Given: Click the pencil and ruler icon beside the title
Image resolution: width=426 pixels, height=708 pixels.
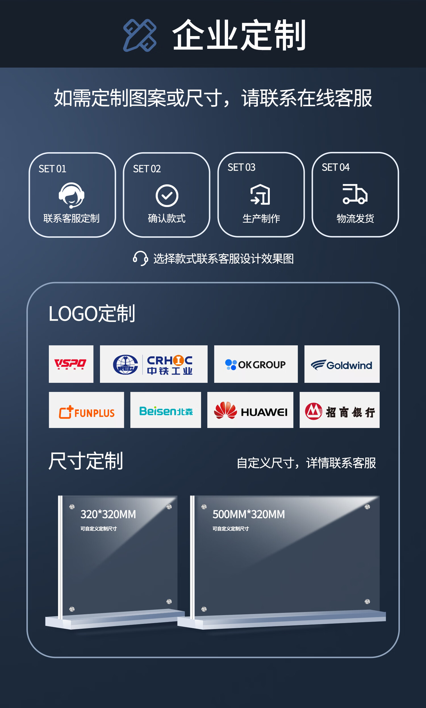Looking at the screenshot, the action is pos(140,35).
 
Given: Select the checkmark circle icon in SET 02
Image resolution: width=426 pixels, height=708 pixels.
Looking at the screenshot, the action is pos(167,196).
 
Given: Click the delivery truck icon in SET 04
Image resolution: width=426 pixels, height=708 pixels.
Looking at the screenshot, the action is pos(355,194).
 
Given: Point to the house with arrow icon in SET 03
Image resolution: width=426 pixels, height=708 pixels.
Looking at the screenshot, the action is pos(260,195).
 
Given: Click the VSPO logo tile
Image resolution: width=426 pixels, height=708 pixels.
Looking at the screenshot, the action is pos(71,364).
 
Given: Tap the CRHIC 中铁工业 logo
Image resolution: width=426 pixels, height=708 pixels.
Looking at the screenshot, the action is pos(154,364).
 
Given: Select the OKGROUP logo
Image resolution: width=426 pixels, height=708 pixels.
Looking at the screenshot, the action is pos(256,364).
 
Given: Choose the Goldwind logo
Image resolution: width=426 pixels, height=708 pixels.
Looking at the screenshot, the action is pos(342,364).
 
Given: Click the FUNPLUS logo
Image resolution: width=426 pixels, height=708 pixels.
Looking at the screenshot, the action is pos(86,410).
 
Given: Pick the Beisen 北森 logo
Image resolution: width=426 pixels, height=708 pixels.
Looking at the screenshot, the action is pos(166,410).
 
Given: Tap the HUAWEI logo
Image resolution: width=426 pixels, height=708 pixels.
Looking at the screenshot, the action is pos(250,410).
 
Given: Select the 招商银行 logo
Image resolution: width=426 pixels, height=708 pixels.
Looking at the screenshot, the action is pos(339,410).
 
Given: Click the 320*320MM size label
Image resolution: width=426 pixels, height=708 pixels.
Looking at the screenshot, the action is pos(108,514).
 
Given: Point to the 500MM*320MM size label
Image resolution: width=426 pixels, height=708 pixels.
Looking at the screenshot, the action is pos(248,514).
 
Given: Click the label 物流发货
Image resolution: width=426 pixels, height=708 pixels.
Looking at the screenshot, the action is pos(355,219).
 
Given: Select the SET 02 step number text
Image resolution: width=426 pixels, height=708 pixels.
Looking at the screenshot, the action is pos(147,169).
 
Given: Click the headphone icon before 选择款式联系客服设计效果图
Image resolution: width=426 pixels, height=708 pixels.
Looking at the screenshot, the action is pos(140,258).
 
